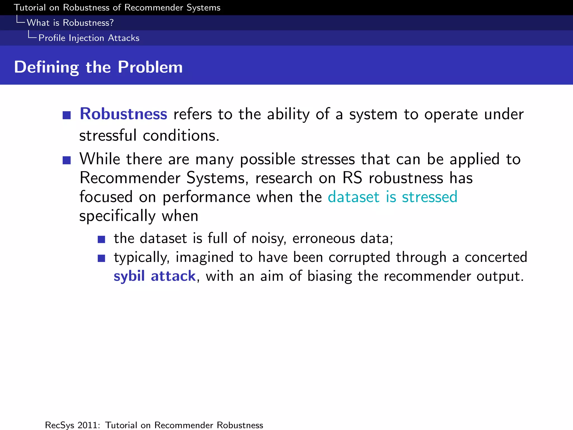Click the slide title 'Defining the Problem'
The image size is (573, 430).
[x=98, y=67]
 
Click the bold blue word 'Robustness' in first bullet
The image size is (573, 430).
[x=123, y=114]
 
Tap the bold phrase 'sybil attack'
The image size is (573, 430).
[x=154, y=276]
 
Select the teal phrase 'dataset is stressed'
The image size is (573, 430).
[x=392, y=197]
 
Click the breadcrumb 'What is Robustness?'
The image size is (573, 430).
[x=70, y=23]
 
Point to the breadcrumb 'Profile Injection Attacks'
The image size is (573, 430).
[x=89, y=38]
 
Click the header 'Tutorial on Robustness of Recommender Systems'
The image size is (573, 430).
[x=117, y=8]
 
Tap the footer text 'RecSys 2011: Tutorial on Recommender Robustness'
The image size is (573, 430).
[x=154, y=425]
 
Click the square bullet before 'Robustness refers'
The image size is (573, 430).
[x=67, y=115]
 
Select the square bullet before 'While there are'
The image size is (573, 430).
[x=67, y=160]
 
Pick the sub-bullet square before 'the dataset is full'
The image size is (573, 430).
[x=101, y=239]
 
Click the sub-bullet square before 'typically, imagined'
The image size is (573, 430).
[x=101, y=258]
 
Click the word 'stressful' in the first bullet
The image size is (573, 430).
[x=108, y=136]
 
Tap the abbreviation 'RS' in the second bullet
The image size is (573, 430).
[x=352, y=178]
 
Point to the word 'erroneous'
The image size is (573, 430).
[x=323, y=239]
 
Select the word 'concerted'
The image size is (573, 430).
[x=496, y=257]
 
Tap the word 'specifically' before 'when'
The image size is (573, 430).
[x=117, y=216]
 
